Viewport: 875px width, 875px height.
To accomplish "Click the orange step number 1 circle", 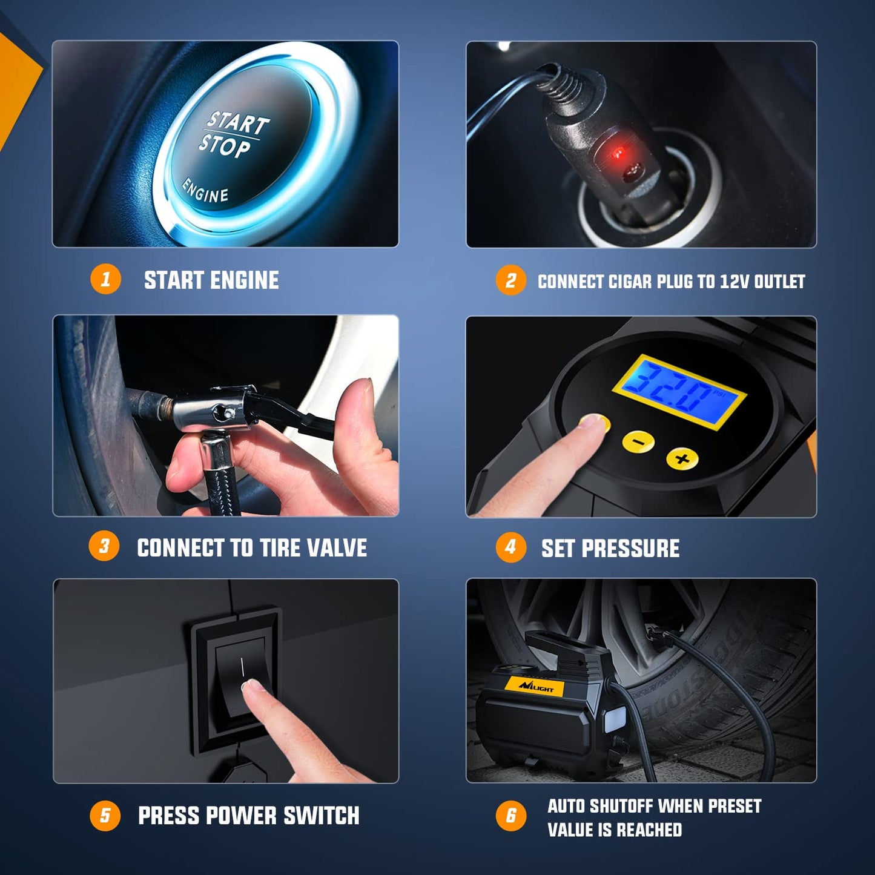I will (x=105, y=280).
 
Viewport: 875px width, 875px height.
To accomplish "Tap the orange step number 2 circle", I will (x=510, y=281).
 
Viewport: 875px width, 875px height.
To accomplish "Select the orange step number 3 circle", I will (x=104, y=546).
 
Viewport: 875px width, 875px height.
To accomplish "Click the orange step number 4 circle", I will (x=510, y=547).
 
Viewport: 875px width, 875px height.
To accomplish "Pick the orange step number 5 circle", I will (x=105, y=816).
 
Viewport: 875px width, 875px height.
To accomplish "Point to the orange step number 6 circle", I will (x=510, y=816).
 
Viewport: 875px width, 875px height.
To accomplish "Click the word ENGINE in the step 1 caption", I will (x=244, y=280).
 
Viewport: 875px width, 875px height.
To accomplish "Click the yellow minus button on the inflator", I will (x=638, y=441).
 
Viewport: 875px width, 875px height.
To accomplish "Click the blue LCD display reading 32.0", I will (x=679, y=392).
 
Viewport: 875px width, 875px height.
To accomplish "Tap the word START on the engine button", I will (x=238, y=123).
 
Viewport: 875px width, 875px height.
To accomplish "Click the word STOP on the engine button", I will (x=224, y=147).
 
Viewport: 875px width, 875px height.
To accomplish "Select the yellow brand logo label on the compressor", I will (x=535, y=686).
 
